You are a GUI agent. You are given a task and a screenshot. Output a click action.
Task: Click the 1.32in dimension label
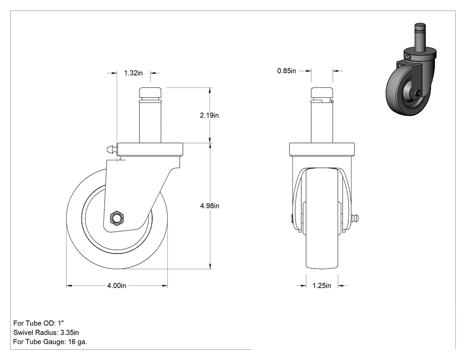tap(134, 73)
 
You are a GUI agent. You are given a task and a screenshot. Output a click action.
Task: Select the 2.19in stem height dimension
tap(209, 115)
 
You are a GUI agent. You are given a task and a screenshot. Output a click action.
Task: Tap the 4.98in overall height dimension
tap(209, 206)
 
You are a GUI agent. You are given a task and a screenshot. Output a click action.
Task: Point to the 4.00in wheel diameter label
tap(116, 286)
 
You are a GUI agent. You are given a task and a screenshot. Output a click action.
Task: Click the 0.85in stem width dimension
tap(287, 71)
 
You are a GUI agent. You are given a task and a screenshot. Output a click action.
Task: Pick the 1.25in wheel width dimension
tap(322, 286)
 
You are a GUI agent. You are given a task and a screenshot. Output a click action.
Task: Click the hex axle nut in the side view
tap(115, 218)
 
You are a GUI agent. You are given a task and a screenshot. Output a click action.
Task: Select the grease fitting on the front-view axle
tap(355, 218)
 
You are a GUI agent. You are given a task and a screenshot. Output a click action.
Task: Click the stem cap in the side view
tap(150, 93)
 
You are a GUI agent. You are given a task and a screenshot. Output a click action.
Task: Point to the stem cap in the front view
tap(322, 93)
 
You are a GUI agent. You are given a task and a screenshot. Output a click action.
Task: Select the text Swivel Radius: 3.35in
tap(46, 332)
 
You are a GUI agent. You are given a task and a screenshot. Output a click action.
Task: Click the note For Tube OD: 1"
tap(39, 323)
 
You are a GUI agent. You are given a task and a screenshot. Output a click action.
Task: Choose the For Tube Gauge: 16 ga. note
tap(50, 342)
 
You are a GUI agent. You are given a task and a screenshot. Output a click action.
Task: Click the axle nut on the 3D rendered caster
tap(417, 93)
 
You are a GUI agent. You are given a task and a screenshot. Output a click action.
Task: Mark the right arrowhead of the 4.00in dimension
tap(165, 286)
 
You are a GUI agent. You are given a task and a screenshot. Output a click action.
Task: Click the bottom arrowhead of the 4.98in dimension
tap(210, 266)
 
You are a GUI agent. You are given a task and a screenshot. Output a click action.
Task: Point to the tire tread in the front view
tap(322, 218)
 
